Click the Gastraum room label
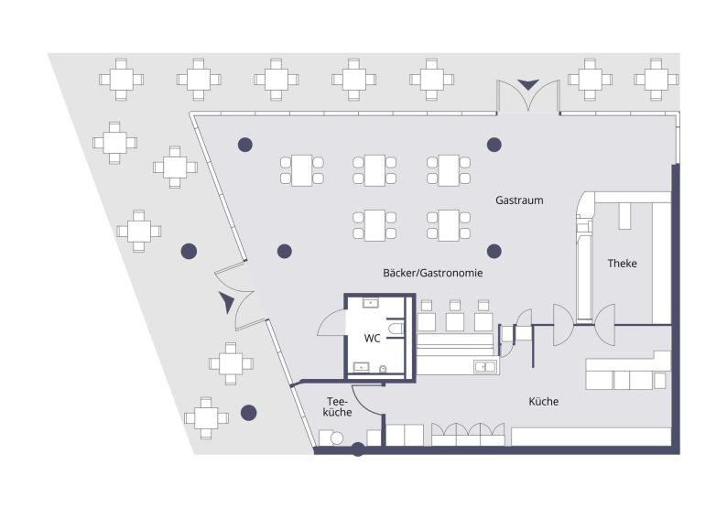(519, 200)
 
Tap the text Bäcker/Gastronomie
(433, 274)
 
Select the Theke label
(622, 264)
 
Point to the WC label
(373, 338)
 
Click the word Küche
(543, 402)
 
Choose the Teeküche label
(338, 407)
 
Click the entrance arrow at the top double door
(528, 85)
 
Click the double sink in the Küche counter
(484, 367)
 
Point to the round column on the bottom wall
(358, 449)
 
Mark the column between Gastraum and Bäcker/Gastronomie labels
(494, 251)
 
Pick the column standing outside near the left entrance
(189, 251)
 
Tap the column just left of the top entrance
(494, 144)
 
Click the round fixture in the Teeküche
(337, 438)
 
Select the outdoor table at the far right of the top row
(656, 78)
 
